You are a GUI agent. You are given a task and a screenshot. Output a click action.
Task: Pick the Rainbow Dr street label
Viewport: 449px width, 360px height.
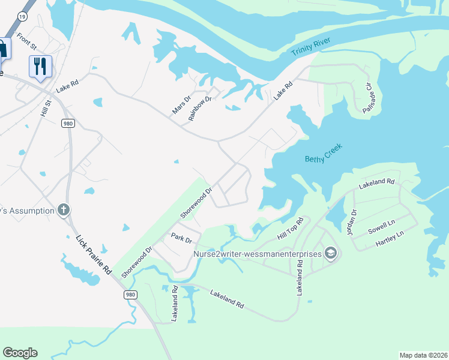tap(200, 108)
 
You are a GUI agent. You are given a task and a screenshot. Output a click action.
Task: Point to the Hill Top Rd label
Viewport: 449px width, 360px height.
tap(291, 229)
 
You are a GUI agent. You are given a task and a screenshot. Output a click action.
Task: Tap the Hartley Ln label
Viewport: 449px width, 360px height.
tap(389, 239)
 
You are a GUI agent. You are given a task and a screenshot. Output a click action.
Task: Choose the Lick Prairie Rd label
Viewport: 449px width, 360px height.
tap(94, 255)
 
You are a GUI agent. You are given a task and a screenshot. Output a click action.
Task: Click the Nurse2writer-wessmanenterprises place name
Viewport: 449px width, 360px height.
tap(257, 254)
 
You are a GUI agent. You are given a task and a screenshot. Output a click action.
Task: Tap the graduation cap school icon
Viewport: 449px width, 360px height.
tap(330, 254)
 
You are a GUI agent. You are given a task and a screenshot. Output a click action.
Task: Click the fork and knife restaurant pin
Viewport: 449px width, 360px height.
tap(40, 67)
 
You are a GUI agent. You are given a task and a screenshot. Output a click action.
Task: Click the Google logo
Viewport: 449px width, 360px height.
tap(20, 353)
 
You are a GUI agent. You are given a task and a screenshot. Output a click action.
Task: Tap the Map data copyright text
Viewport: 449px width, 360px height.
tap(423, 355)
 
